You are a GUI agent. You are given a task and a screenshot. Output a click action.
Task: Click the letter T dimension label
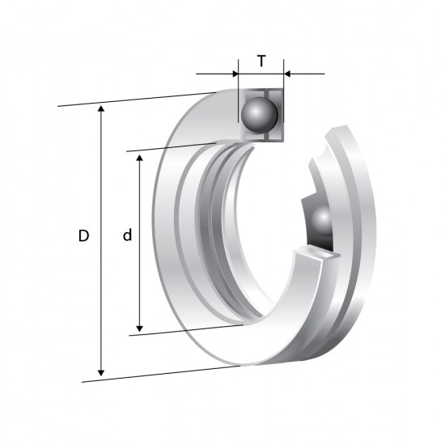(261, 61)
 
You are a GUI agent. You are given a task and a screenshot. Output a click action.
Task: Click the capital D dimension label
(83, 235)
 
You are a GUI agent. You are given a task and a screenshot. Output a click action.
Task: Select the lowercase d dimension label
(127, 235)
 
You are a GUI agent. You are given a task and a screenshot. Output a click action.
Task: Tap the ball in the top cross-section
(259, 115)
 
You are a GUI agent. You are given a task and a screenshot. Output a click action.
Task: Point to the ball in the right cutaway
(322, 221)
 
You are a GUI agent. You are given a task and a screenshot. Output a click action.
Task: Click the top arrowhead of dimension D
(101, 108)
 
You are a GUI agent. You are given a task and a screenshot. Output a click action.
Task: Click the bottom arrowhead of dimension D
(101, 373)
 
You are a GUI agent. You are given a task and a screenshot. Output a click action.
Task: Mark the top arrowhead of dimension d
(139, 158)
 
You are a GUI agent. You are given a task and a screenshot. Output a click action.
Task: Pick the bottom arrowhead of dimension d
(139, 328)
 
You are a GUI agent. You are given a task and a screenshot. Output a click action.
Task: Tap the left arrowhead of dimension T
(235, 74)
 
